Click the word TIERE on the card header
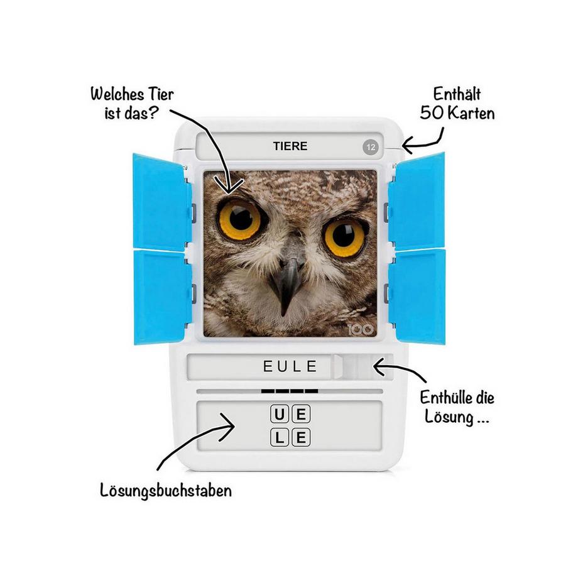tap(290, 146)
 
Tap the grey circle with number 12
tap(370, 148)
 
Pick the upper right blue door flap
tap(417, 202)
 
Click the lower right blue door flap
tap(417, 295)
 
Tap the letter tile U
tap(280, 415)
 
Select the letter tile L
tap(280, 437)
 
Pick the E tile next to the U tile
tap(302, 415)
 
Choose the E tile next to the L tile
tap(302, 437)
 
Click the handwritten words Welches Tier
tap(132, 95)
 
